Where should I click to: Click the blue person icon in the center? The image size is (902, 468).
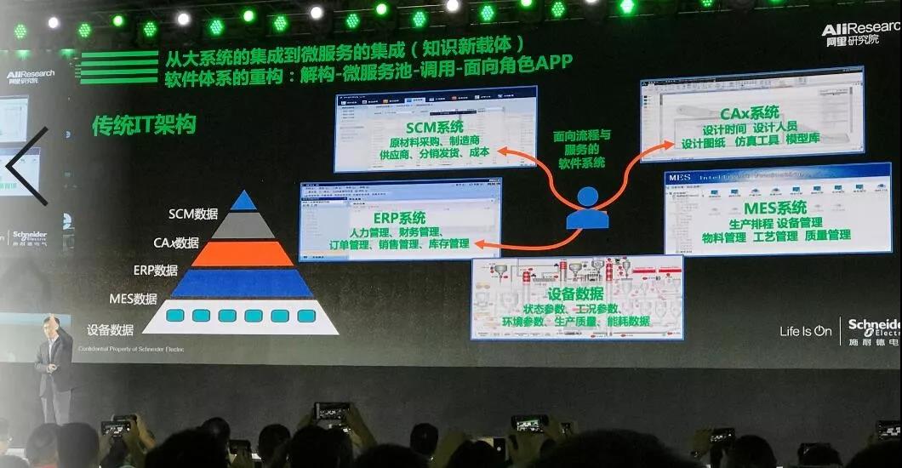[x=587, y=209]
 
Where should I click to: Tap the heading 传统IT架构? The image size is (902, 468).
[x=144, y=125]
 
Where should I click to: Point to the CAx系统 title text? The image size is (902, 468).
[x=749, y=112]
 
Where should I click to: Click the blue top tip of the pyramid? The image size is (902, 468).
[x=243, y=201]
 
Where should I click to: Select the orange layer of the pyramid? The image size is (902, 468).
[x=243, y=254]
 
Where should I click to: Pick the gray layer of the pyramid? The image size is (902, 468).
[x=243, y=225]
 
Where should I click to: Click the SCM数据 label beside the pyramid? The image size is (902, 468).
[x=193, y=214]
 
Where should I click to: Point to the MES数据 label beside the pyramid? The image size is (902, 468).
[x=133, y=299]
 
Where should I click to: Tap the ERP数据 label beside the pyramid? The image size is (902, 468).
[x=155, y=271]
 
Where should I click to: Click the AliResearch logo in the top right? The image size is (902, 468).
[x=860, y=34]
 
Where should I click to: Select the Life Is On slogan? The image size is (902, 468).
[x=805, y=331]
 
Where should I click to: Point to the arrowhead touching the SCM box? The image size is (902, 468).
[x=501, y=151]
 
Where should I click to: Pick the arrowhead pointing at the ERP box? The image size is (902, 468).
[x=478, y=244]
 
